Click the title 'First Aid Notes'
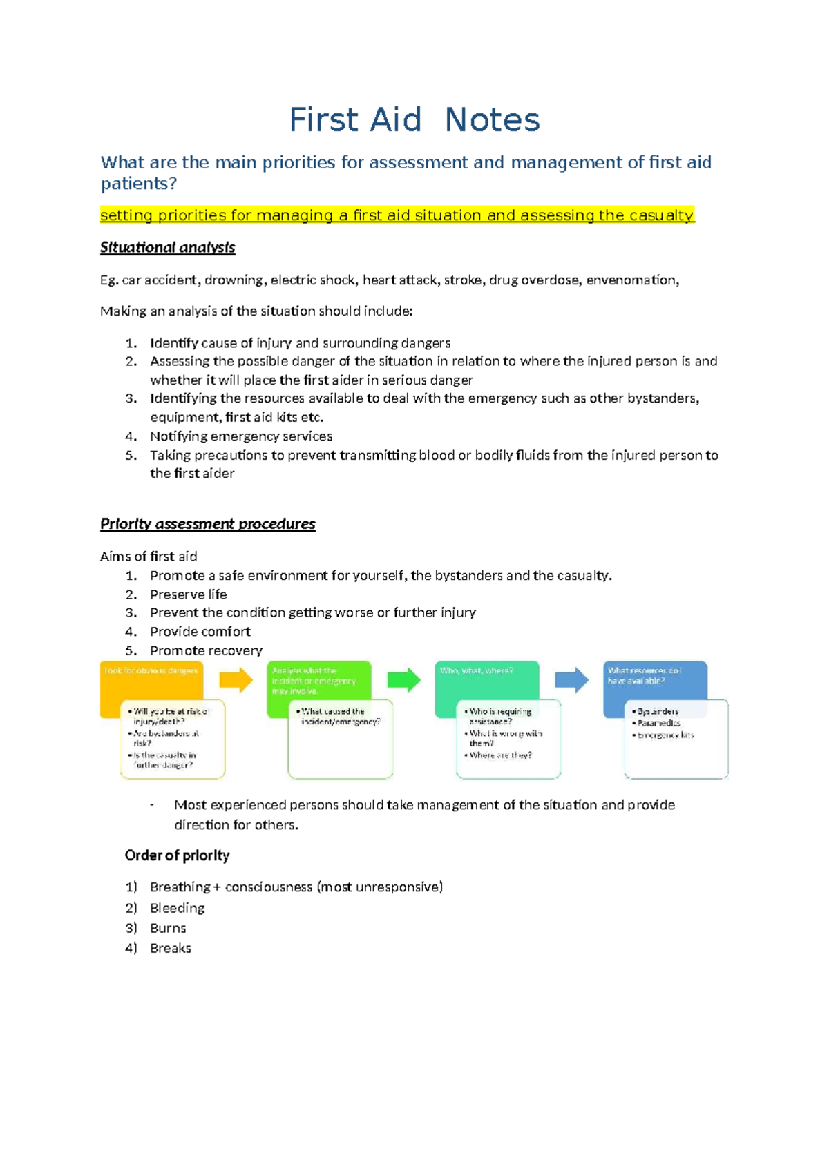tap(414, 120)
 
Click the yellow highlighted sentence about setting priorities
tap(397, 215)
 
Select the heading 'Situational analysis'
tap(168, 247)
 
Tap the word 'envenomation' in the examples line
tap(631, 280)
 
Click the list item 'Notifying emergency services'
tap(241, 436)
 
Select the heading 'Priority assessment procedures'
tap(207, 524)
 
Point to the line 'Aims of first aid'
tap(149, 557)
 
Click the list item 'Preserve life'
tap(188, 594)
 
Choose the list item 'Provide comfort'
tap(200, 632)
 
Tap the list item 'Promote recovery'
tap(206, 650)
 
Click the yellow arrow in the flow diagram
tap(236, 680)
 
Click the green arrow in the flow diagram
tap(404, 680)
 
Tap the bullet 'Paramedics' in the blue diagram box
tap(659, 723)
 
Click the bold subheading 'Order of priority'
tap(177, 855)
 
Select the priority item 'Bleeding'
tap(177, 908)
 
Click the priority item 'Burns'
tap(168, 928)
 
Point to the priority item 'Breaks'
tap(170, 948)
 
